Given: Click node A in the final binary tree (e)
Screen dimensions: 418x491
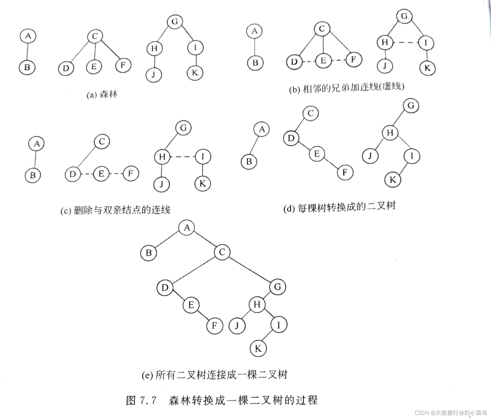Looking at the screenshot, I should [187, 228].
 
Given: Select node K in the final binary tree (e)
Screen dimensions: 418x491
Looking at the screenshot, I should [258, 349].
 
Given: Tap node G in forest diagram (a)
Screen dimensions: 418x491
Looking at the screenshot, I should [175, 22].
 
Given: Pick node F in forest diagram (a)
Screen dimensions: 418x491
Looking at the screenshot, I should [123, 65].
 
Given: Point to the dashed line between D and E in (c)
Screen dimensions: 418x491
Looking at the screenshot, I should [87, 174].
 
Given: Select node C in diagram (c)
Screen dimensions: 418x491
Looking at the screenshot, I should [102, 142].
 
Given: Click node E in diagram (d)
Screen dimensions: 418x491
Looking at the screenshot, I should [317, 154].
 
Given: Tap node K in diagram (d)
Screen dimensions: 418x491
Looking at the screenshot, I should [393, 180].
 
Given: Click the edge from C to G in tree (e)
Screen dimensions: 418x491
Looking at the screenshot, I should [250, 269].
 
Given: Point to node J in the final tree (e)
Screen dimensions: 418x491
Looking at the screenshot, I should [237, 326].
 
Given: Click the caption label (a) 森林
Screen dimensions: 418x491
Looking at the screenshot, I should [102, 94].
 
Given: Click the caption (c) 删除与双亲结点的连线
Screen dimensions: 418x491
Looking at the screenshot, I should [115, 210].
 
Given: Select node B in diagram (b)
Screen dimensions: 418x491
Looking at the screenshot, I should [255, 63].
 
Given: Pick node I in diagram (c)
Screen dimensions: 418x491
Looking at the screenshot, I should [203, 157].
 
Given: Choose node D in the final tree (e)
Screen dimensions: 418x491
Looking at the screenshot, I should [165, 288].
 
